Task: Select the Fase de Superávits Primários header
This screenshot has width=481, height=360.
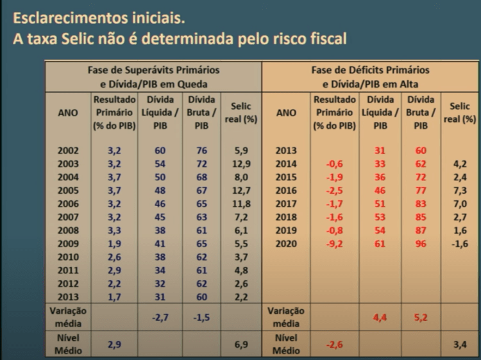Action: pos(153,76)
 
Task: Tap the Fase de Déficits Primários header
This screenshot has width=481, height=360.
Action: pos(370,76)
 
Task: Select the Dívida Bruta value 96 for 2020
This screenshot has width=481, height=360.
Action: pos(420,244)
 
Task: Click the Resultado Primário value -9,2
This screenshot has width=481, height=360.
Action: pos(334,244)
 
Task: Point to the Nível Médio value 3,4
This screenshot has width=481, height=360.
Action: pos(460,344)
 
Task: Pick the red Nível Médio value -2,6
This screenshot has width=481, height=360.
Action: pos(334,344)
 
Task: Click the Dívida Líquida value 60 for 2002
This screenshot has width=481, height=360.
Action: pos(160,151)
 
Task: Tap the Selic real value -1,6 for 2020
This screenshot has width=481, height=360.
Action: pos(459,244)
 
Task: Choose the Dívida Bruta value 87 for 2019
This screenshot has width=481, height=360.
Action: pos(420,230)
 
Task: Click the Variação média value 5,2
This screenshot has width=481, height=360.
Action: pos(420,317)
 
